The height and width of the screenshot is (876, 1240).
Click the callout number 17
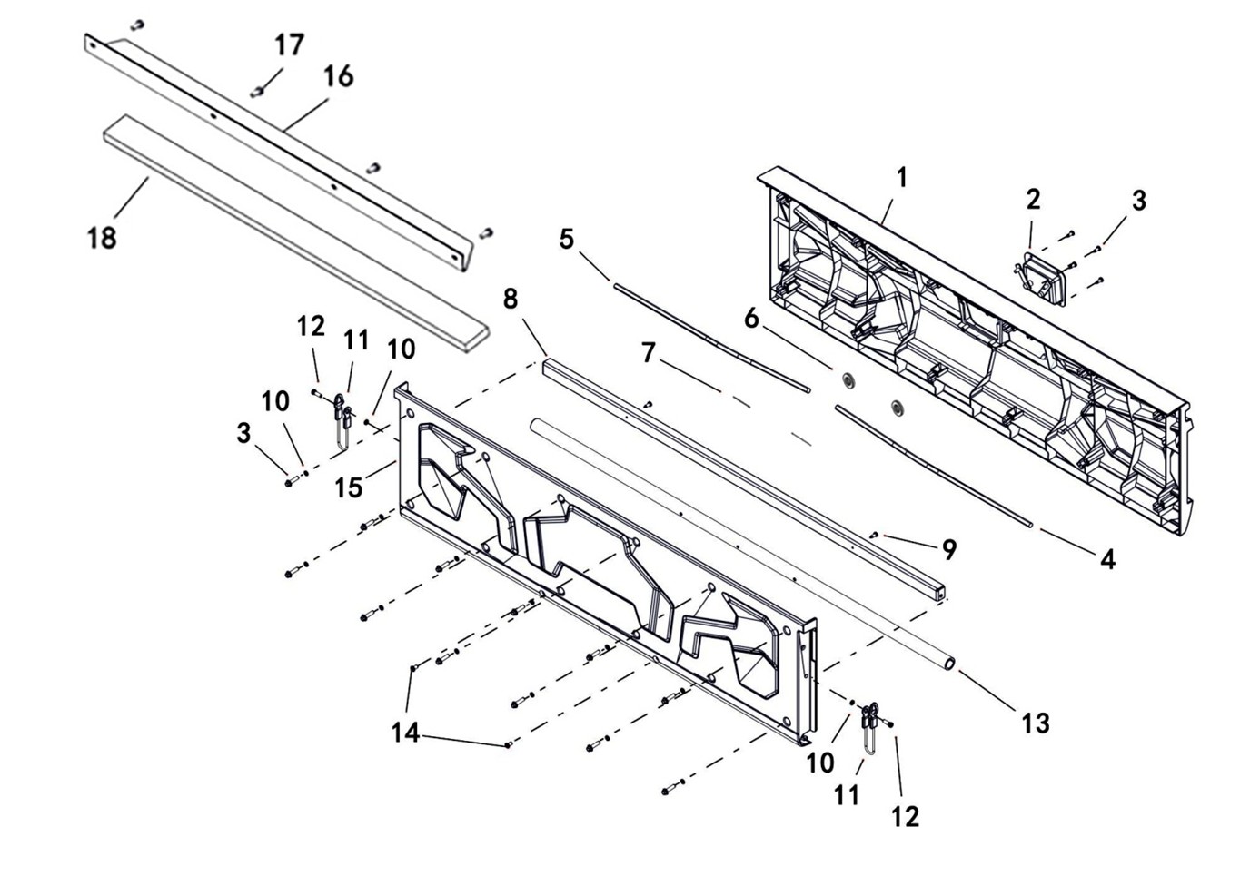[x=290, y=44]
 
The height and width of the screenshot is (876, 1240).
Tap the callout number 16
[x=338, y=76]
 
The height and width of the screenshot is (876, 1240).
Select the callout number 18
[x=102, y=238]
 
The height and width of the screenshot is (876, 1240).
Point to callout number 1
[x=901, y=178]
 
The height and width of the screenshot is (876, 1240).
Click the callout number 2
[x=1033, y=199]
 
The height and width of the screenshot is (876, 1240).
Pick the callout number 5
[x=567, y=240]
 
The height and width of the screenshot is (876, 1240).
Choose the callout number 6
[x=751, y=319]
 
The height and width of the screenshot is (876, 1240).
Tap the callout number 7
[x=648, y=352]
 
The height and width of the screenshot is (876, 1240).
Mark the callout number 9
[x=949, y=549]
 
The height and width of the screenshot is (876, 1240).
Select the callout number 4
[x=1107, y=559]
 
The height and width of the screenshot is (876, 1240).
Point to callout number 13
[x=1036, y=723]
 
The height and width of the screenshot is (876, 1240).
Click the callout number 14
[x=405, y=733]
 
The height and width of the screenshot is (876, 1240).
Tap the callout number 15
[x=348, y=487]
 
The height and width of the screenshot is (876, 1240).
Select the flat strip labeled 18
[x=291, y=231]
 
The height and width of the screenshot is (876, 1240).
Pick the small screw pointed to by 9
[x=873, y=535]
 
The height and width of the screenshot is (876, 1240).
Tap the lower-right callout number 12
[x=905, y=816]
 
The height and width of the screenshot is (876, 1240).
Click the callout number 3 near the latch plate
[x=1139, y=201]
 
